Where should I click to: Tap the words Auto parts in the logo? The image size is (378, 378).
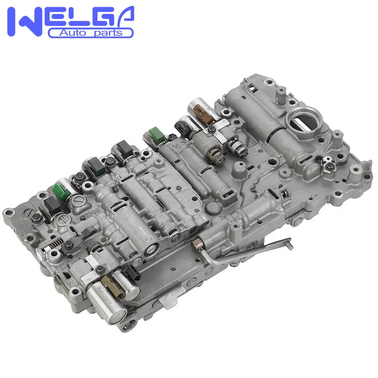(x=91, y=33)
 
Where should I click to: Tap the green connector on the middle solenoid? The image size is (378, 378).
(x=155, y=134)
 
